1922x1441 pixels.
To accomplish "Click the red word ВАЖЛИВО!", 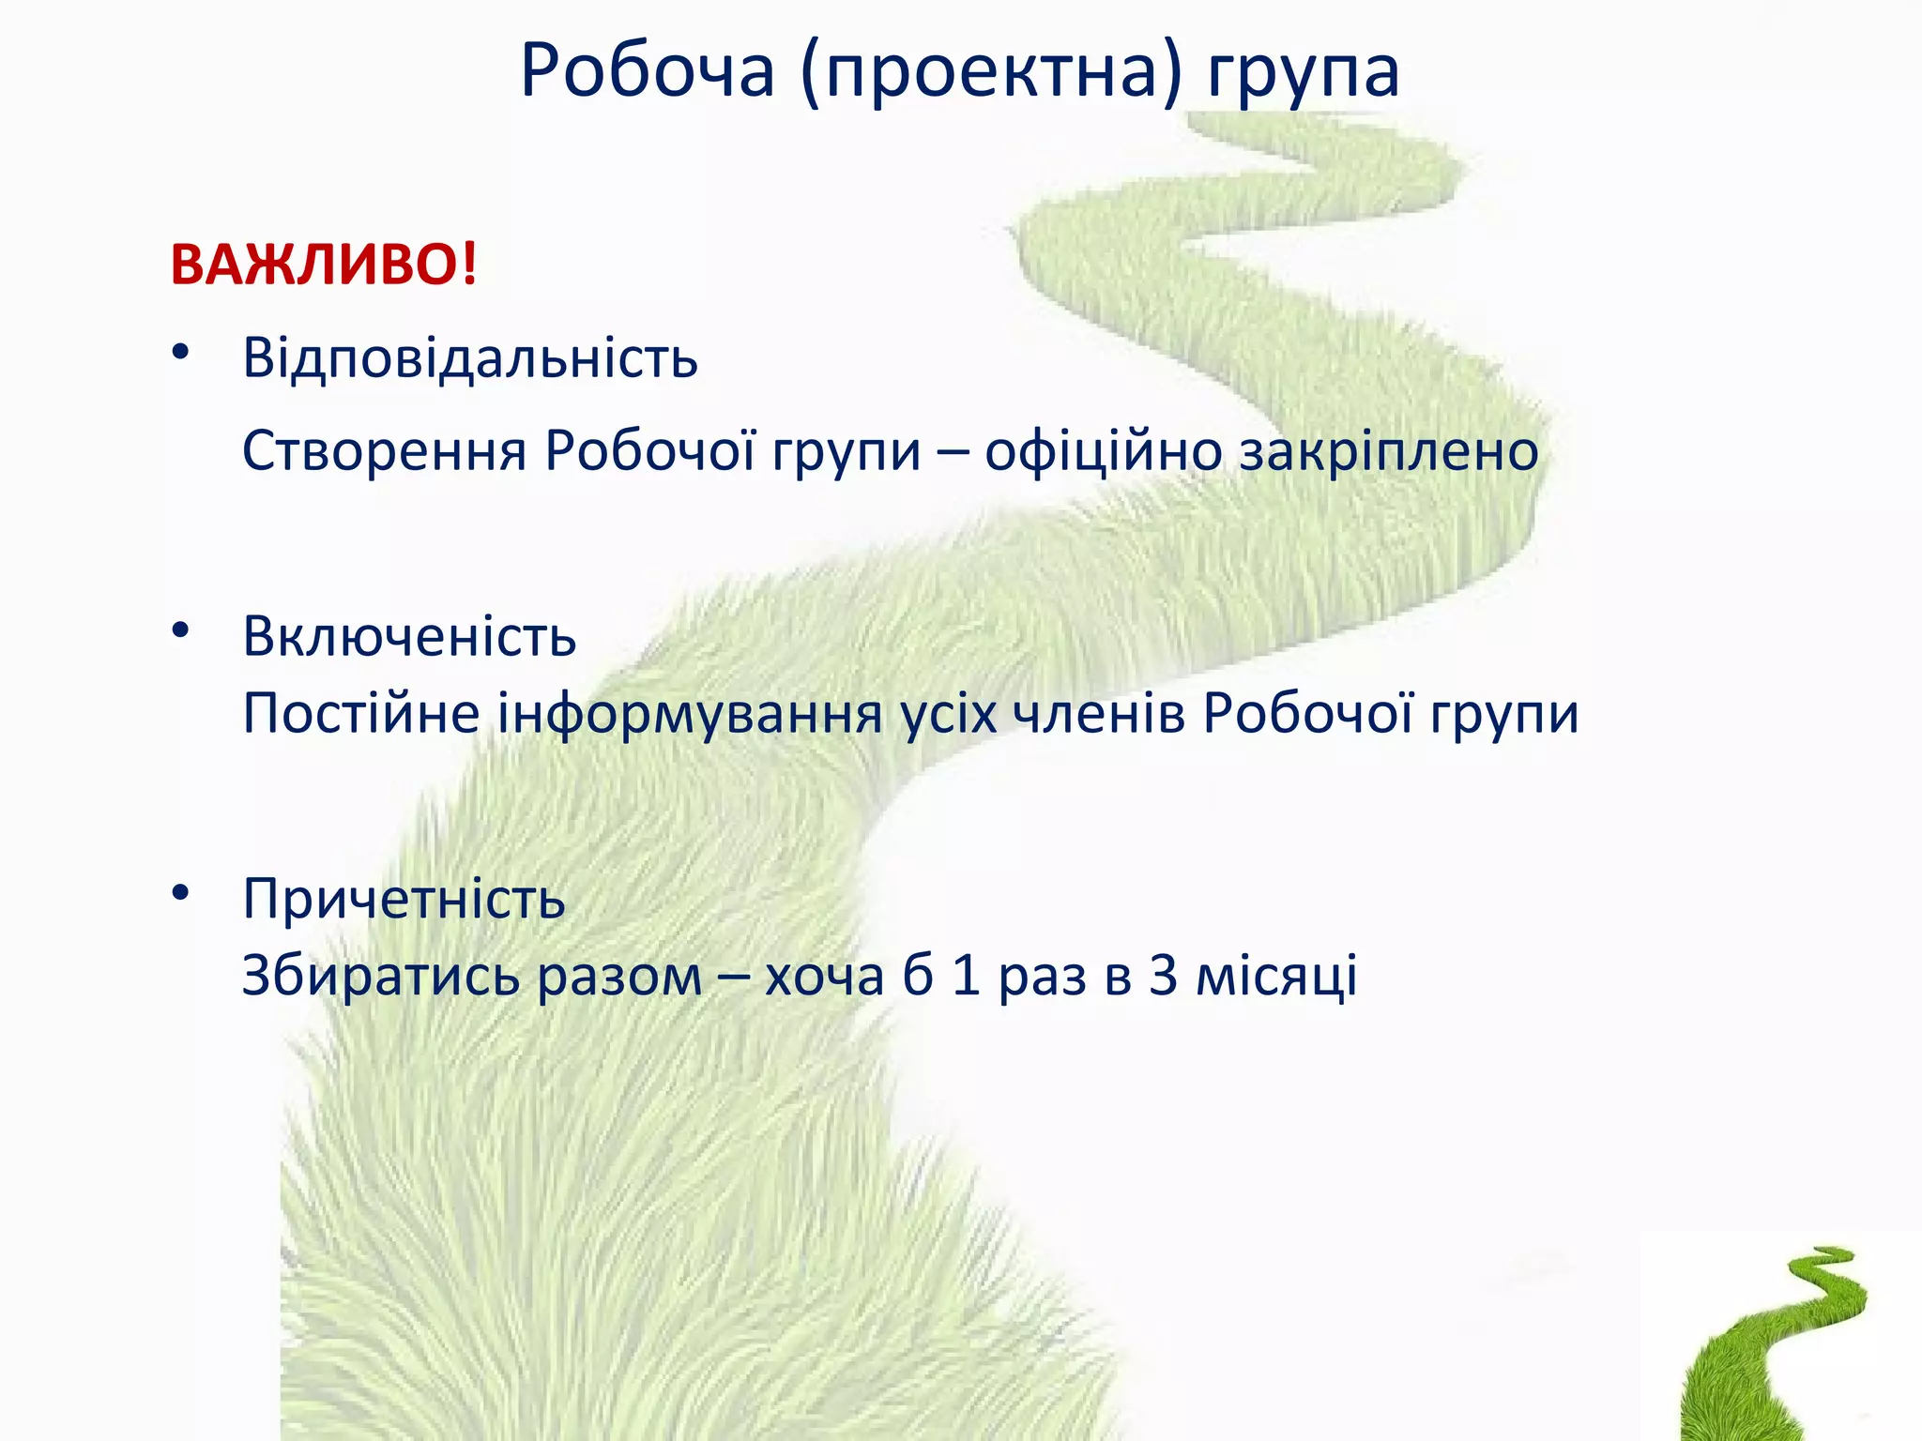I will tap(324, 265).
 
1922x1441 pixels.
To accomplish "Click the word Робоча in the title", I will tap(648, 71).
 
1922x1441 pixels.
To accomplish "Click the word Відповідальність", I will tap(470, 358).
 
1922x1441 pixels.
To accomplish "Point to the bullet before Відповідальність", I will tap(180, 353).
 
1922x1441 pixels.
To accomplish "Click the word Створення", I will tap(385, 452).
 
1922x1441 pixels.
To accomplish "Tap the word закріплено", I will tap(1389, 452).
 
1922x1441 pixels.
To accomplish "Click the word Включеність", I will tap(409, 637).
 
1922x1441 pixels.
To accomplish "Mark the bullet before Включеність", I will tap(180, 630).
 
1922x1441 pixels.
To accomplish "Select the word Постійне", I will tap(361, 715).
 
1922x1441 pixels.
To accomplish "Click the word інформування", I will tap(690, 715).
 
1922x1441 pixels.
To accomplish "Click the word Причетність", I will tap(404, 899).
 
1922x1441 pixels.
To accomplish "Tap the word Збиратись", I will tap(380, 976).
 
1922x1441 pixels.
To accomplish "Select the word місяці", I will tap(1276, 976).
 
